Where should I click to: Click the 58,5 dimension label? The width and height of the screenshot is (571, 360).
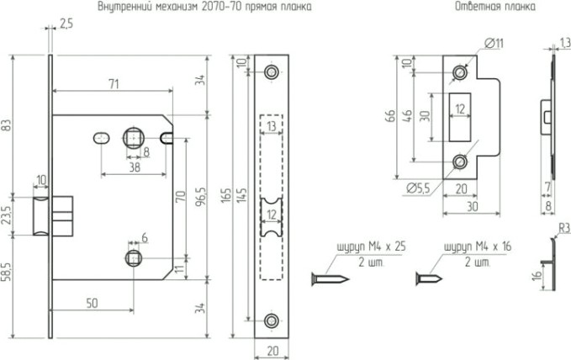[x=8, y=273]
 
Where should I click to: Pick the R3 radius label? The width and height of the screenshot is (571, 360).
[x=560, y=228]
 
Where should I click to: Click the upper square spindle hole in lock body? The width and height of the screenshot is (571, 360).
[x=133, y=136]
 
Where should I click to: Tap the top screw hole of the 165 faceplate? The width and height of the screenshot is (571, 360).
[x=271, y=72]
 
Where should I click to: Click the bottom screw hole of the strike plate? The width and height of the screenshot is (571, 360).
[x=459, y=161]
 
